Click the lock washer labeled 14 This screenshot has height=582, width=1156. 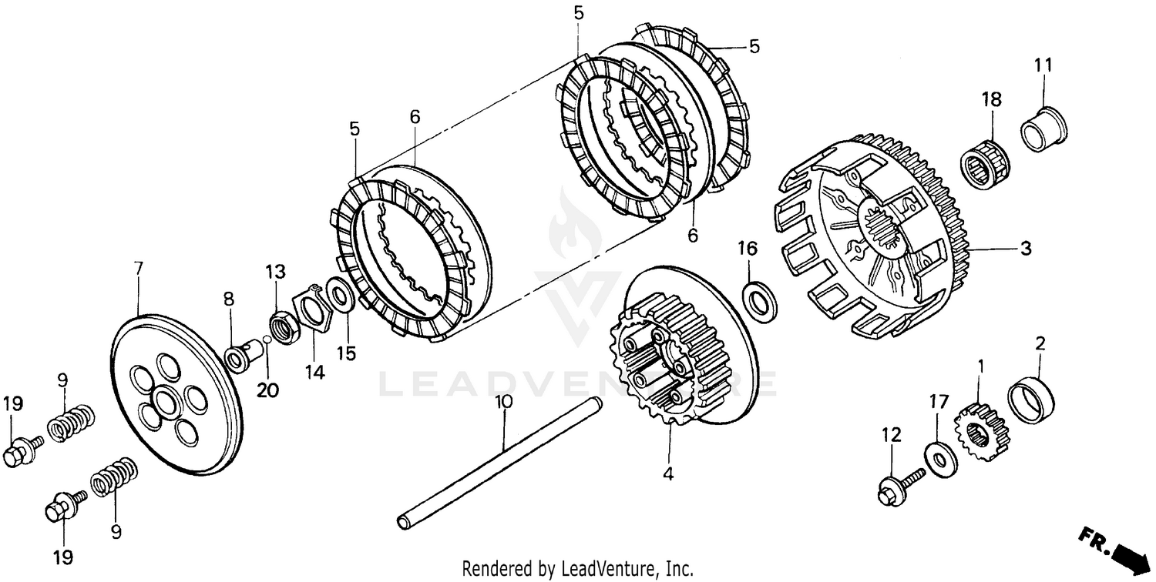tap(311, 309)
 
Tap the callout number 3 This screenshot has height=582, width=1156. tap(1026, 249)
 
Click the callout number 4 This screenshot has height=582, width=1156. tap(667, 474)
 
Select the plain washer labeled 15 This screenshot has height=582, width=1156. tap(340, 295)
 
